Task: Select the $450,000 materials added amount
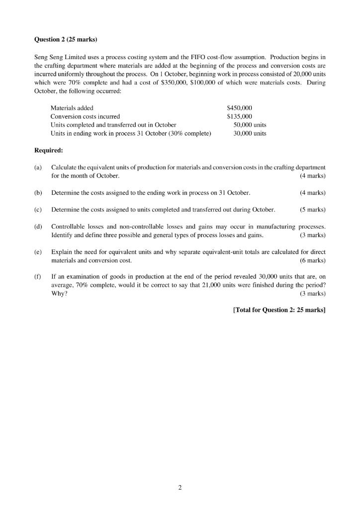click(240, 108)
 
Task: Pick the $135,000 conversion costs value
click(240, 116)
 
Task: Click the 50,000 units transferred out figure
click(250, 125)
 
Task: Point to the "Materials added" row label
click(72, 108)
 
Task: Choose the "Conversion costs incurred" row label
click(85, 116)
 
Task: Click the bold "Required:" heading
click(48, 150)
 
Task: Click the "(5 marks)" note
click(313, 209)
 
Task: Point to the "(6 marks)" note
click(313, 260)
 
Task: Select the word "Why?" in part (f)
click(59, 294)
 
